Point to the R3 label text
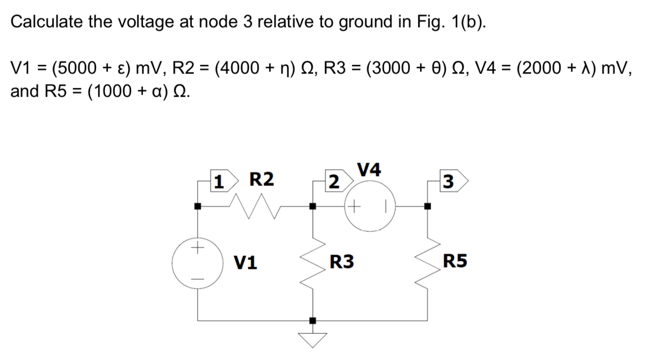tap(342, 261)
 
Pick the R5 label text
tap(455, 261)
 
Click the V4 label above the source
tap(369, 170)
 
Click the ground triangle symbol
tap(312, 339)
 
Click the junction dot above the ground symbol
tap(312, 321)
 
